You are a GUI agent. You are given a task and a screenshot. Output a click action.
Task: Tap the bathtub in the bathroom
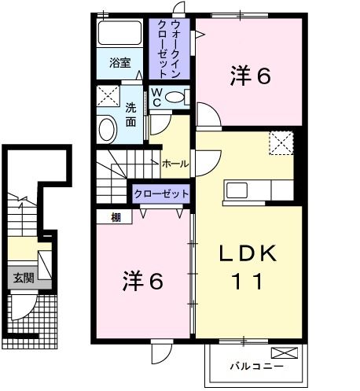[x=119, y=34]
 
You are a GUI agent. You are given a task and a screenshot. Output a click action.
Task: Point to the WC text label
[x=156, y=97]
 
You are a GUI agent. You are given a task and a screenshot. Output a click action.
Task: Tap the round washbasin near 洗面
[x=108, y=128]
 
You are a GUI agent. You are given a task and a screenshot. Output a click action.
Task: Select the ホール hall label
[x=174, y=164]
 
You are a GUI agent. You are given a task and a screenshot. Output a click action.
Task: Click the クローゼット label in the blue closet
[x=161, y=194]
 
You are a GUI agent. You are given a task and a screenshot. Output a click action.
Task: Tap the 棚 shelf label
[x=116, y=217]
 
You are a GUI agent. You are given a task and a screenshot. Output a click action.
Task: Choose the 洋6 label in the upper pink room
[x=251, y=76]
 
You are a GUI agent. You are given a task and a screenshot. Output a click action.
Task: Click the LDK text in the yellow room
[x=248, y=254]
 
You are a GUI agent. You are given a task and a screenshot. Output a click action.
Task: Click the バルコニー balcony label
[x=255, y=365]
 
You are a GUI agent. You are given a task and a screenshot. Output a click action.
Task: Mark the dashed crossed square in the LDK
[x=280, y=142]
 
